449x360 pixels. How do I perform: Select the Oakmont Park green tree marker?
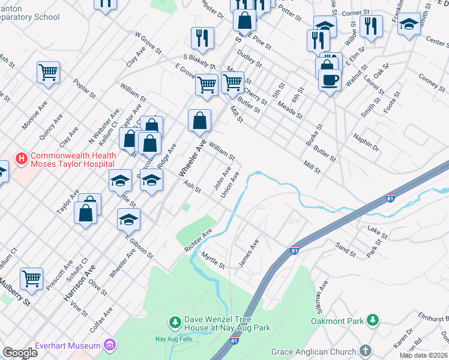point(373,320)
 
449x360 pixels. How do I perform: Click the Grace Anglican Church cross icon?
point(366,351)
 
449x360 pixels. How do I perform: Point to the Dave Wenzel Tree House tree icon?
point(175,323)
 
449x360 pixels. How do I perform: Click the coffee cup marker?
point(329,79)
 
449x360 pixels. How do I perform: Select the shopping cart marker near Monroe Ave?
point(48,73)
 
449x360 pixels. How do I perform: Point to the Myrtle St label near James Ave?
point(213,261)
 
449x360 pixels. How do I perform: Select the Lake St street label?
point(375,230)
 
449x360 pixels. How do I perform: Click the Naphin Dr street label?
point(367,143)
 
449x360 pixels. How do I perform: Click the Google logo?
point(20,353)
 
